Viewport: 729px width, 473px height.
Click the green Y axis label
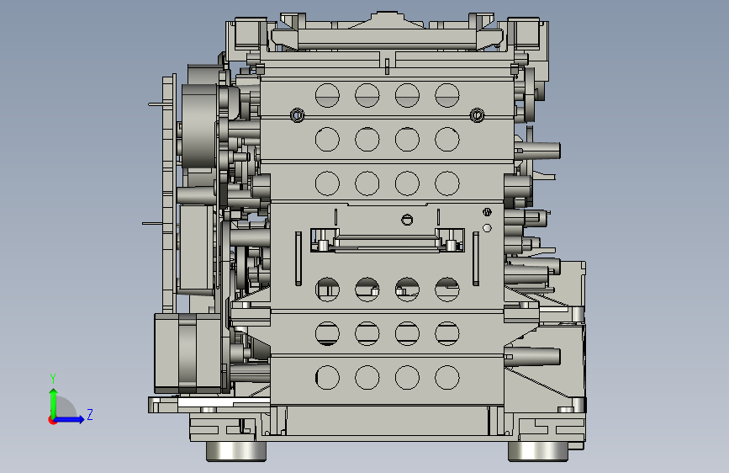[53, 379]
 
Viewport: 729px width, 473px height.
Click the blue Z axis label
[90, 414]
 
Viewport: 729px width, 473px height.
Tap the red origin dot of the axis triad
[52, 420]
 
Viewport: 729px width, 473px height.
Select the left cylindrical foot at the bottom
[236, 451]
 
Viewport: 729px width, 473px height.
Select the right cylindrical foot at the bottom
[538, 451]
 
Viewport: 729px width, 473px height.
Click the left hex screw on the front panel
[297, 114]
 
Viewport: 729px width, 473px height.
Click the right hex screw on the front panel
[477, 114]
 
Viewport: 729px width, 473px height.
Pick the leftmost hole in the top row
[327, 95]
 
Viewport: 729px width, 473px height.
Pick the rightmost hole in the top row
[447, 95]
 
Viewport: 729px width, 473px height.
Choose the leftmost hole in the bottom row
[327, 377]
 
